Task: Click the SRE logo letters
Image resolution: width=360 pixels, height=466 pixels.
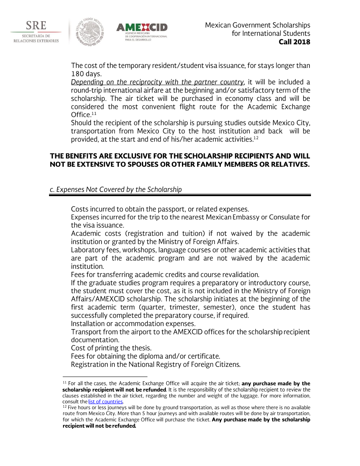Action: [x=36, y=26]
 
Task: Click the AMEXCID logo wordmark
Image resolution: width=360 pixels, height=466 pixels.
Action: [x=142, y=27]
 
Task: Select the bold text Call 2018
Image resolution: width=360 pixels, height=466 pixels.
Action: [x=294, y=42]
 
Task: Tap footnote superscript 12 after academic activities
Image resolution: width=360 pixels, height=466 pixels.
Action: [x=256, y=138]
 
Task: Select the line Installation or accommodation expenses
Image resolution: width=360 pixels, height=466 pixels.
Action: [x=133, y=324]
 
